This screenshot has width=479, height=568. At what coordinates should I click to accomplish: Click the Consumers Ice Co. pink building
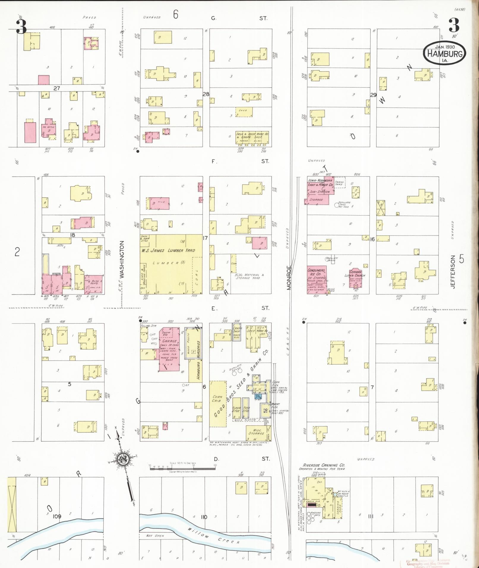pyautogui.click(x=317, y=279)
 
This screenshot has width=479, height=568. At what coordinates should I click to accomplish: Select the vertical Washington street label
pyautogui.click(x=121, y=259)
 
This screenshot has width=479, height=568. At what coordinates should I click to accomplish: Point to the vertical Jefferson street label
pyautogui.click(x=453, y=272)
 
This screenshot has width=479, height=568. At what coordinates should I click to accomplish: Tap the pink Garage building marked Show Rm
pyautogui.click(x=169, y=349)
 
